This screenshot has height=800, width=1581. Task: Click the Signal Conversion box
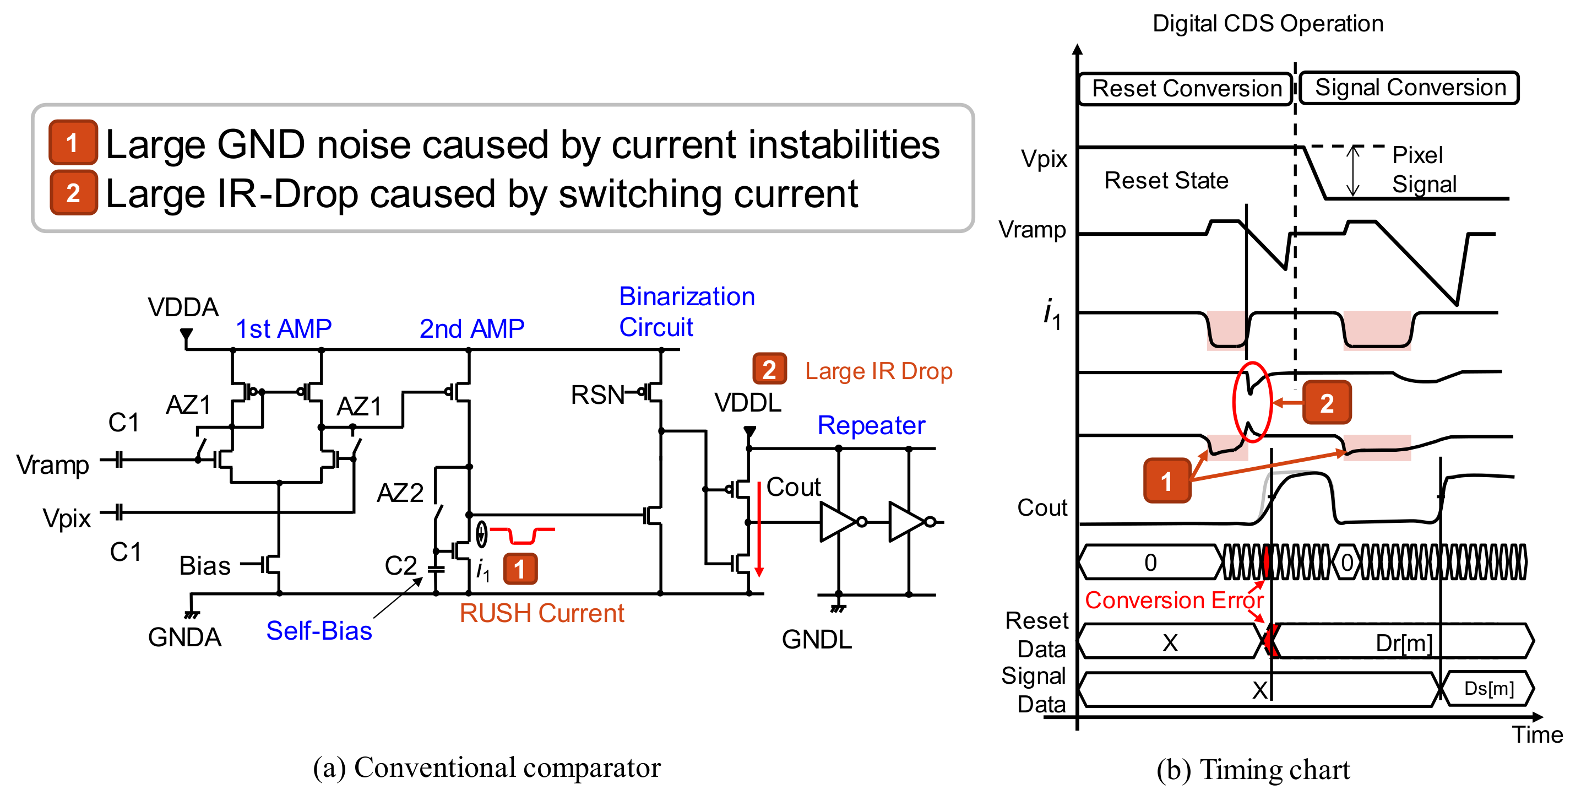click(x=1409, y=88)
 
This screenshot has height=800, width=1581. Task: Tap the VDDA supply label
click(x=183, y=307)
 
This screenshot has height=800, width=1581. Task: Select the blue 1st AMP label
click(x=284, y=329)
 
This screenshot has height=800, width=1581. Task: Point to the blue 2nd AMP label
click(x=471, y=329)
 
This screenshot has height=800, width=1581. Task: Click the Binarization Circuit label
click(x=686, y=312)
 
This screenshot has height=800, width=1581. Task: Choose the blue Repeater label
click(x=871, y=425)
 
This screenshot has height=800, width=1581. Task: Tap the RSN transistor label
click(x=596, y=395)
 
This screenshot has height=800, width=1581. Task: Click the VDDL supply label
click(x=747, y=403)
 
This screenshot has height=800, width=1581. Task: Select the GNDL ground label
click(x=816, y=640)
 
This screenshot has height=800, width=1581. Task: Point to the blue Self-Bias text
click(x=319, y=631)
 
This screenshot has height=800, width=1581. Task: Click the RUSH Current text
click(x=541, y=613)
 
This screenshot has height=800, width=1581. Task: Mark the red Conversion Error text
click(x=1173, y=600)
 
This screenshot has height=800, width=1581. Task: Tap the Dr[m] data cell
click(x=1403, y=643)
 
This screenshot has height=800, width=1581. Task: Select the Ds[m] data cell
click(x=1488, y=688)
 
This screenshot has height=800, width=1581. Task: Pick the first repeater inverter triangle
click(x=836, y=522)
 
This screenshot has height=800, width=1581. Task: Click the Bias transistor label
click(x=204, y=565)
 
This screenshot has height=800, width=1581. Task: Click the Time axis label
click(x=1536, y=734)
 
